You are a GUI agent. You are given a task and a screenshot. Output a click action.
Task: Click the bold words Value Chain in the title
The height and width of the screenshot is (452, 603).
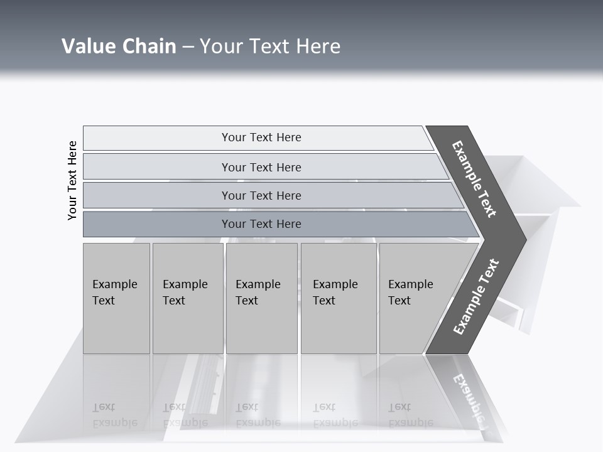[119, 46]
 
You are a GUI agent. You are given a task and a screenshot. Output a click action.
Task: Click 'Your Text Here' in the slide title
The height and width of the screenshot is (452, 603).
[270, 46]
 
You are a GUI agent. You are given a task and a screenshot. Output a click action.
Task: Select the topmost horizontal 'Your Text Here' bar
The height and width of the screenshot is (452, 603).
[261, 137]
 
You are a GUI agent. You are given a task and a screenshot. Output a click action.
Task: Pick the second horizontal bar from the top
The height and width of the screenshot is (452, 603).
[261, 167]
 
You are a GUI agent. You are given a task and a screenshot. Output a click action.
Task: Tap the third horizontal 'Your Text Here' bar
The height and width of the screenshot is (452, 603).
[261, 195]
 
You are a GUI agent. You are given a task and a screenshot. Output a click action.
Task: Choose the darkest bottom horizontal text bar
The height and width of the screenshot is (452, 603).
[261, 224]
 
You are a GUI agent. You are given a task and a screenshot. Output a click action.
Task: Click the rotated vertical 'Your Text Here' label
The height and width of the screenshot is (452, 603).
[72, 180]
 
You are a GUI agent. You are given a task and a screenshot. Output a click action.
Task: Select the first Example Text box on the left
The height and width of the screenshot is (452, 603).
[116, 298]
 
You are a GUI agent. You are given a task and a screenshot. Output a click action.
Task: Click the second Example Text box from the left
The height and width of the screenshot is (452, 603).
[187, 298]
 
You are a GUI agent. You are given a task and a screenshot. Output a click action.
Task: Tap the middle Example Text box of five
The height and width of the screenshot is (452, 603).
[261, 298]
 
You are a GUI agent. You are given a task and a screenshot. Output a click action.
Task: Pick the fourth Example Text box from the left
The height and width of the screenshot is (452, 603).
[338, 298]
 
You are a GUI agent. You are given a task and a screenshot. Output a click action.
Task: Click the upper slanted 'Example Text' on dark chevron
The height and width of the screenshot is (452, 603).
[475, 179]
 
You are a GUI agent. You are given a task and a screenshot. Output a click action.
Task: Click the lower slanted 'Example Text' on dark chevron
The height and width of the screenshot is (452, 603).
[476, 297]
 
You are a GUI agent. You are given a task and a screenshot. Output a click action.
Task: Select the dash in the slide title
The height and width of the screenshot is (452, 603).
[188, 47]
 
